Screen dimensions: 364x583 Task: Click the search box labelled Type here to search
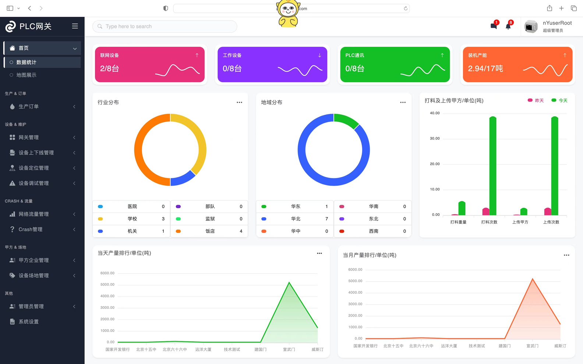tap(165, 26)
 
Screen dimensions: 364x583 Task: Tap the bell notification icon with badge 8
tap(508, 26)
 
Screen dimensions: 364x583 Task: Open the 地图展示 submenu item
tap(26, 75)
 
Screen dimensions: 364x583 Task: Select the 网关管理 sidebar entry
tap(29, 138)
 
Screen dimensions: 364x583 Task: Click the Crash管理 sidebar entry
tap(31, 229)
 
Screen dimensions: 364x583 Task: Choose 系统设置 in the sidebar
tap(29, 322)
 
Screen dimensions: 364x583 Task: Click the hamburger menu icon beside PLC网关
tap(75, 26)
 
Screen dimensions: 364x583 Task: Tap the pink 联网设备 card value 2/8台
tap(110, 69)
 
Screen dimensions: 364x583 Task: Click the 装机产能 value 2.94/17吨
tap(485, 69)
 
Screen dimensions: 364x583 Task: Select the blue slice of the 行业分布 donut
tap(182, 179)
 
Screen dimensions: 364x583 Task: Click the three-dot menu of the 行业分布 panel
tap(239, 103)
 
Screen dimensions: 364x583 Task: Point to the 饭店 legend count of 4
tap(241, 231)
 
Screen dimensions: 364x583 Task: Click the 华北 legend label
tap(296, 219)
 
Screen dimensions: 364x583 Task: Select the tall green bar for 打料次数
tap(493, 165)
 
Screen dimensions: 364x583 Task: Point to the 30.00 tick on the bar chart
tap(435, 139)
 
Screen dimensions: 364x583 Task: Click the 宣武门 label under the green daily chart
tap(289, 350)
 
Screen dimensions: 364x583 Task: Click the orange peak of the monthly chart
tap(533, 279)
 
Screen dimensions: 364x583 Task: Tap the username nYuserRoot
tap(557, 23)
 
